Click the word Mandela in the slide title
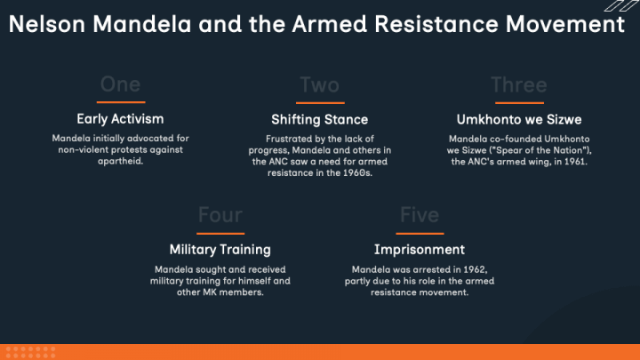141,24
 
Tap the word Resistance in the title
436,24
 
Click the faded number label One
120,84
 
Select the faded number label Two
320,85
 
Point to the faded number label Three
519,85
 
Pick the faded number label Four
220,215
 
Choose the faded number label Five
420,215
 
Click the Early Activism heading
120,119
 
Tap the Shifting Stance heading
320,119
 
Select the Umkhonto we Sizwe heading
519,119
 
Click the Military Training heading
220,250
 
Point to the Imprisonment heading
420,250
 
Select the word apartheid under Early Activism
120,161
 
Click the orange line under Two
320,103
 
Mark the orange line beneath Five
420,234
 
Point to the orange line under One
121,102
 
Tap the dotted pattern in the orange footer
30,352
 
